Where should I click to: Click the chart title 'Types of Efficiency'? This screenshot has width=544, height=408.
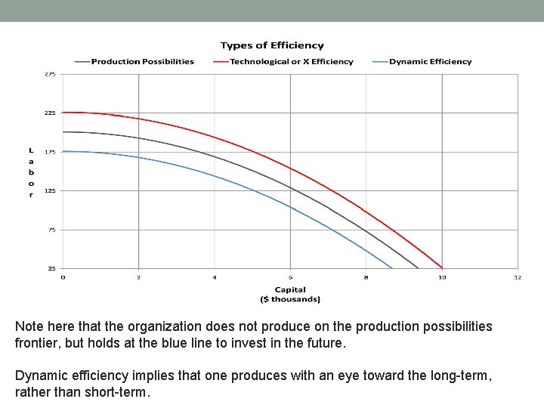pos(272,46)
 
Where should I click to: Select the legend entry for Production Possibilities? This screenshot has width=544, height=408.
pos(142,62)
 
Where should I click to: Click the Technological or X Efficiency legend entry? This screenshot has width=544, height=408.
pos(291,62)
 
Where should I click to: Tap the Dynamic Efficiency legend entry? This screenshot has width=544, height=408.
pos(430,62)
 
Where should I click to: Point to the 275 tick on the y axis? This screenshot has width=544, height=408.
pos(50,74)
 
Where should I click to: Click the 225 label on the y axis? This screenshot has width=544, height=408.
pos(50,113)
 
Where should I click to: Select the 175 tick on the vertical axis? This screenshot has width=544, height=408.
pos(50,152)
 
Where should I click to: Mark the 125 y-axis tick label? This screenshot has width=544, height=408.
pos(50,190)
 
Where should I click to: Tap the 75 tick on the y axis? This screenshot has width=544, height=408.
pos(51,230)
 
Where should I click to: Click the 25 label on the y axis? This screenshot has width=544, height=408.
pos(51,268)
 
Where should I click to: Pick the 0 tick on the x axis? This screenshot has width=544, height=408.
pos(63,277)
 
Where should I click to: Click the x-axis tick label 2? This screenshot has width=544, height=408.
pos(139,277)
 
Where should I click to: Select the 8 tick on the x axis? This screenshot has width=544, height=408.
pos(366,277)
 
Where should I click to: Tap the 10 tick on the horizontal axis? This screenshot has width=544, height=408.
pos(442,277)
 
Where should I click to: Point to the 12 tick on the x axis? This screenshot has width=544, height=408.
pos(518,277)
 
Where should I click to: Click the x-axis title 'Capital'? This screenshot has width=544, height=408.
pos(290,289)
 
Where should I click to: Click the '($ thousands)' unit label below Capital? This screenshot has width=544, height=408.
pos(290,299)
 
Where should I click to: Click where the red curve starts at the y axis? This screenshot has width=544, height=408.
pos(64,113)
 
